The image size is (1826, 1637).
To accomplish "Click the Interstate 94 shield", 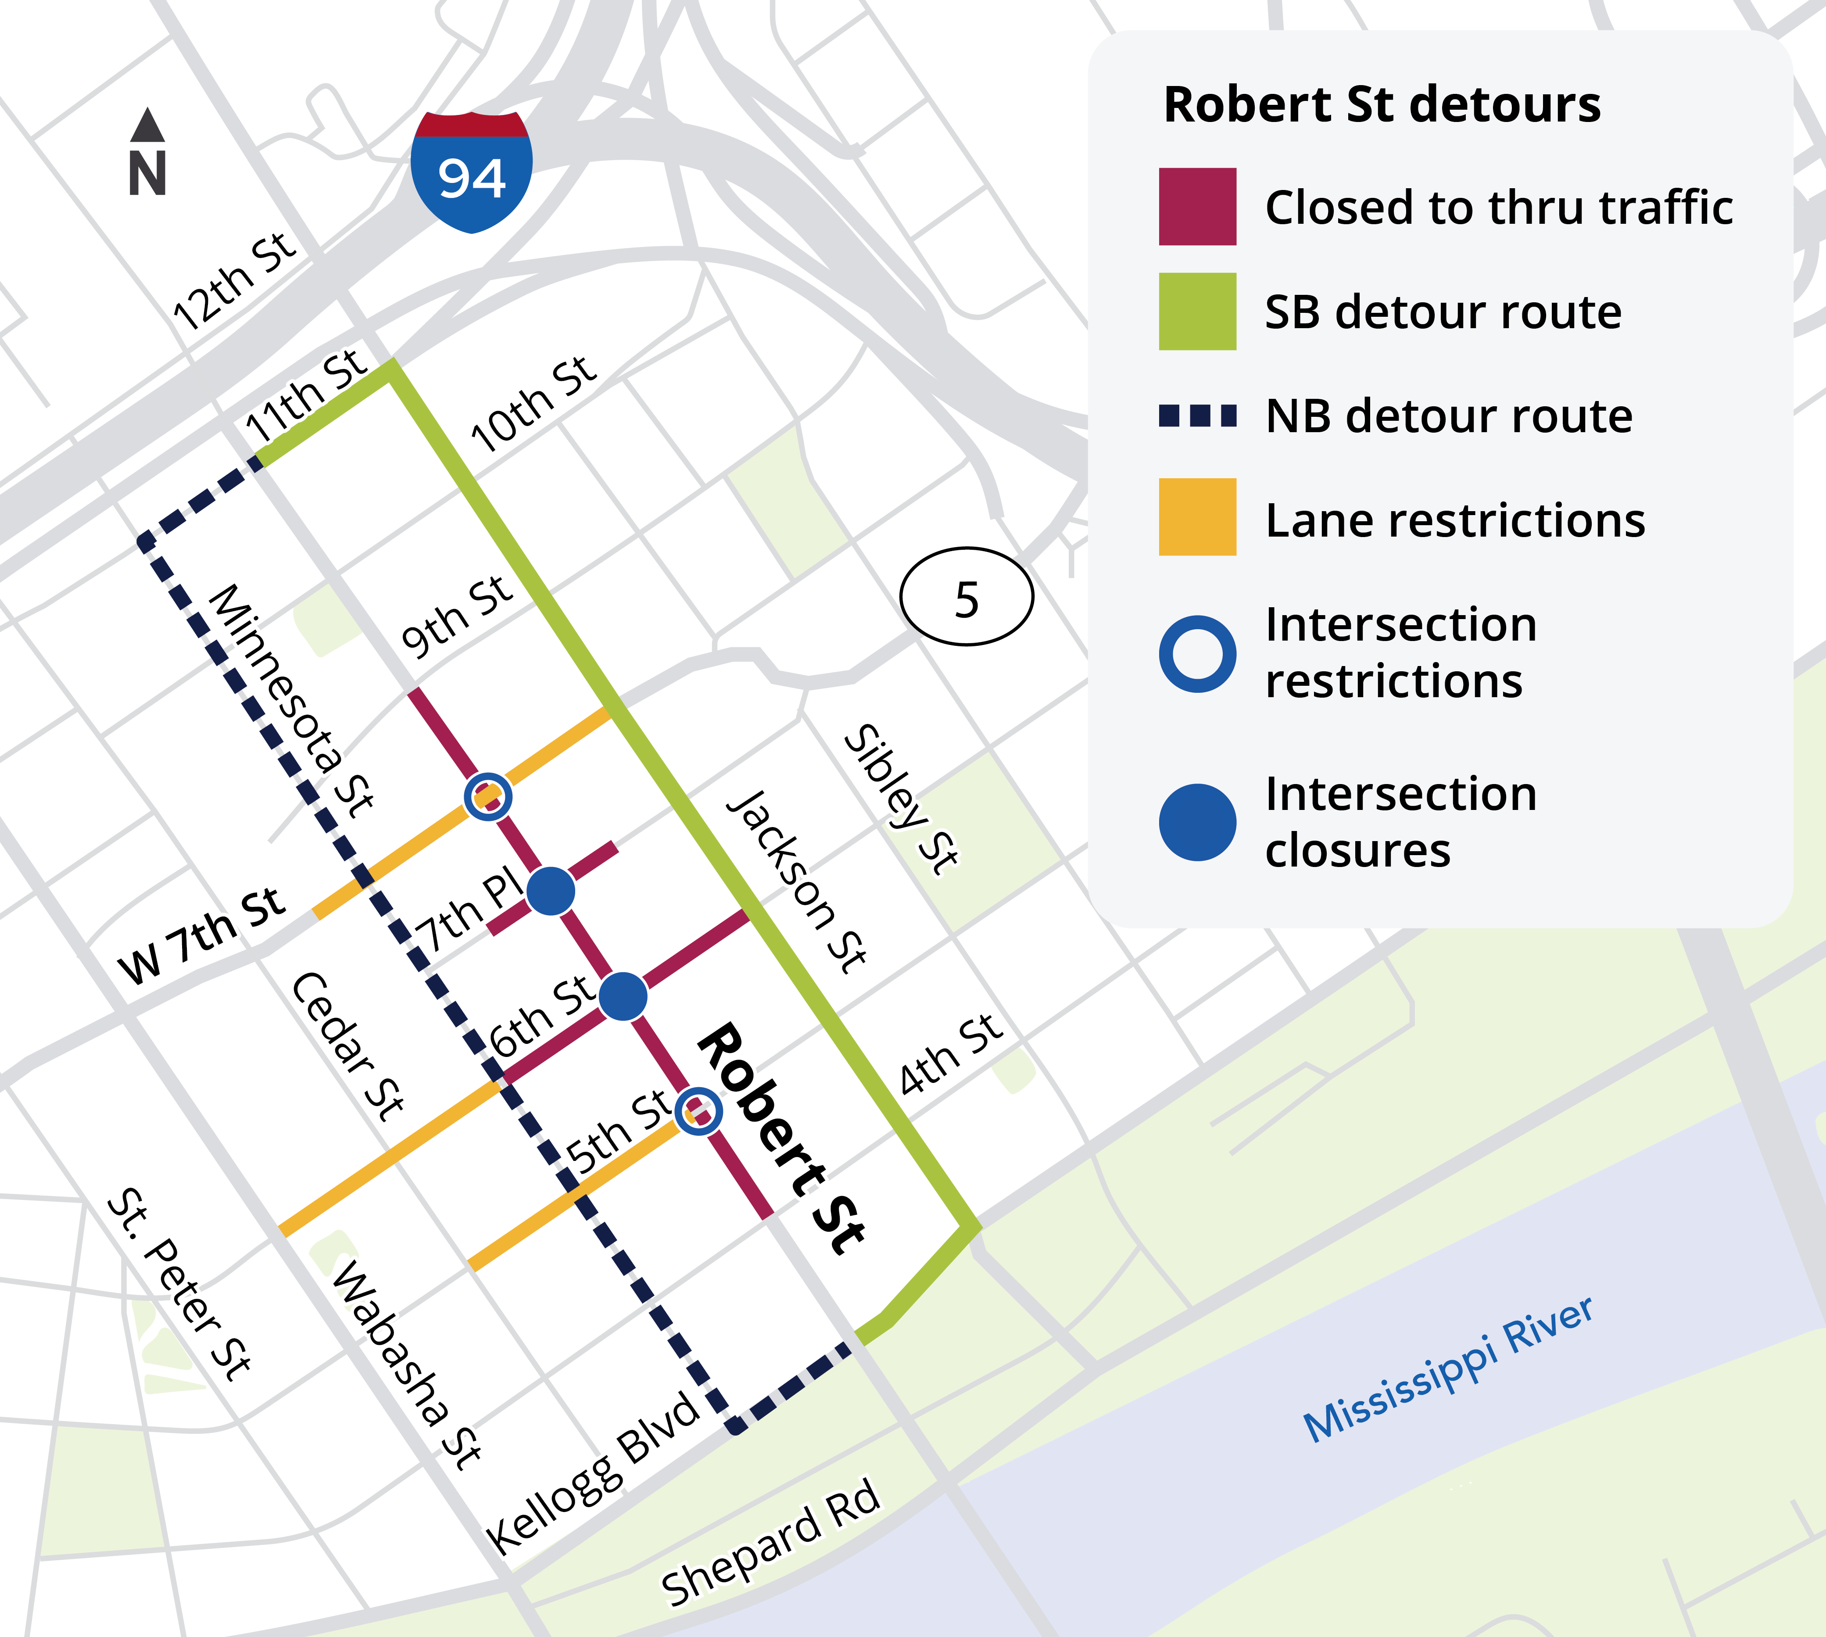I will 471,173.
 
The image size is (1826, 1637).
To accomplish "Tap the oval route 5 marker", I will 967,596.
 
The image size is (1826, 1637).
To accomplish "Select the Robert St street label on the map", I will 781,1138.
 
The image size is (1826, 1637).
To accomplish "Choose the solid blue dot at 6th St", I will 623,996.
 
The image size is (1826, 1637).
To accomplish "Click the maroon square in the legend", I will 1197,207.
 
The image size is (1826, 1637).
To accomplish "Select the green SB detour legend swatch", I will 1197,311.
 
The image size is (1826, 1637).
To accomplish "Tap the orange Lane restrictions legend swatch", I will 1197,517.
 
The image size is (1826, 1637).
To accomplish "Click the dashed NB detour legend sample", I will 1197,416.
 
